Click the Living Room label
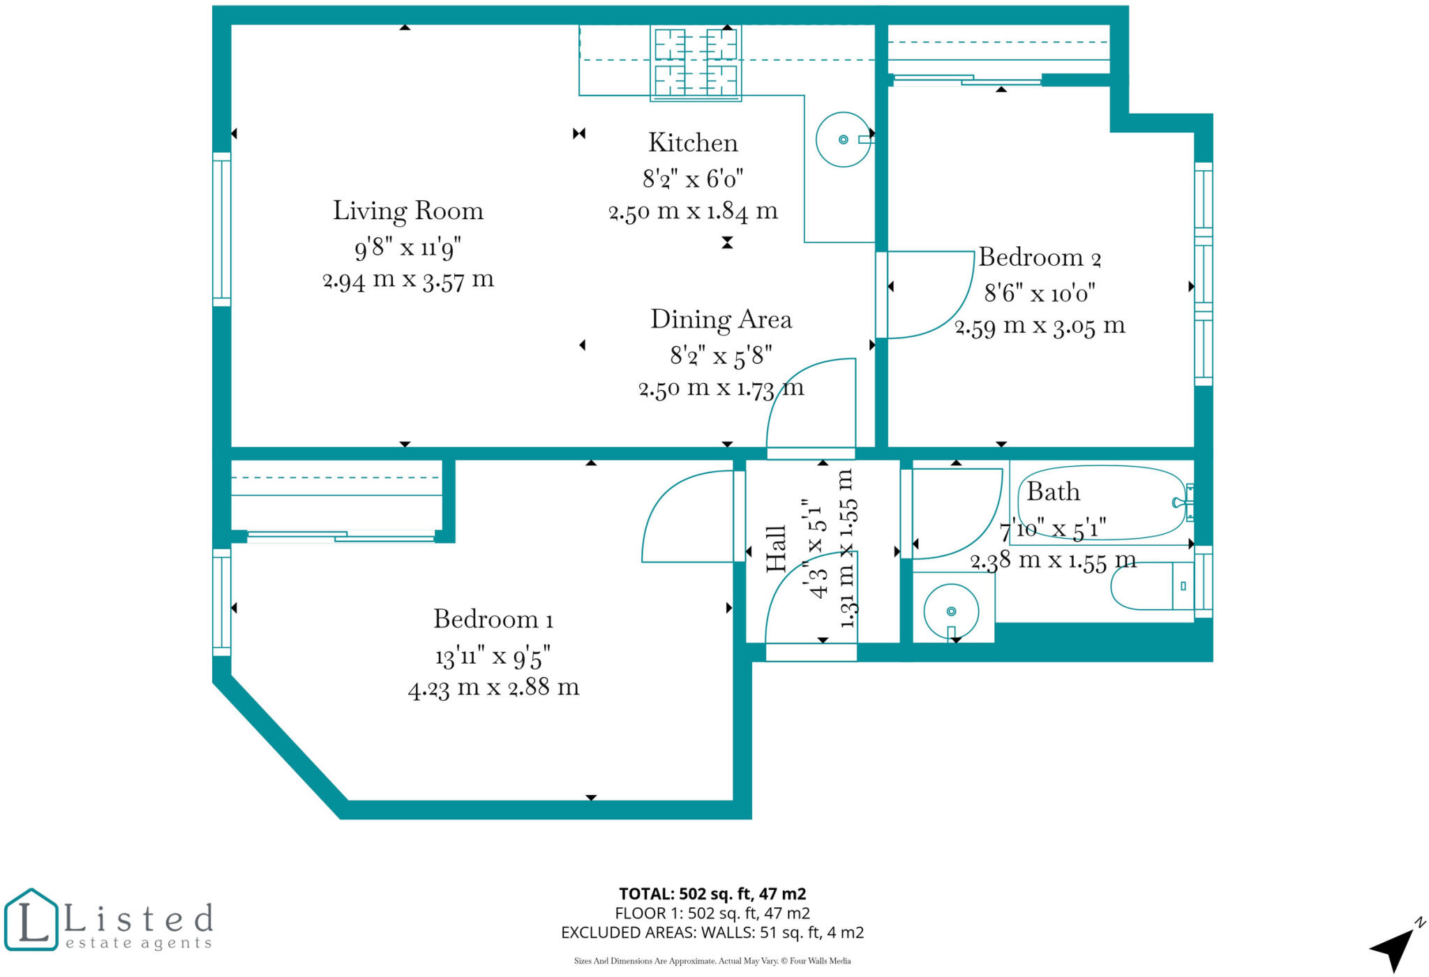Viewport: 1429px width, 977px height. pyautogui.click(x=407, y=211)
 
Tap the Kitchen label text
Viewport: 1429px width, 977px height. pyautogui.click(x=692, y=143)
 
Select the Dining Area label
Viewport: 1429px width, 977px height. pyautogui.click(x=721, y=320)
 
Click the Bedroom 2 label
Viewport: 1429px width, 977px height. pyautogui.click(x=1039, y=258)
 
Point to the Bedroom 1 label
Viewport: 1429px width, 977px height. pyautogui.click(x=493, y=620)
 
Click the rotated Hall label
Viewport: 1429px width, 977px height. pyautogui.click(x=776, y=549)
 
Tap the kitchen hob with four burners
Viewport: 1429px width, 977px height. pyautogui.click(x=695, y=62)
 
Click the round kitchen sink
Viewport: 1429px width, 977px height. pyautogui.click(x=843, y=140)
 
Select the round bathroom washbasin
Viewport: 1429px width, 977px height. pyautogui.click(x=950, y=611)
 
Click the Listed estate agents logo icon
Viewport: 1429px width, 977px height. pyautogui.click(x=31, y=920)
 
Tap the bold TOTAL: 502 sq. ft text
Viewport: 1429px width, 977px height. pyautogui.click(x=712, y=894)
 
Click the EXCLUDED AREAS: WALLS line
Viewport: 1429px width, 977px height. pyautogui.click(x=712, y=932)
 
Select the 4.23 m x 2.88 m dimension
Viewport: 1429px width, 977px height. pyautogui.click(x=493, y=688)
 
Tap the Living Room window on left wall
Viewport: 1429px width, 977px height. pyautogui.click(x=222, y=229)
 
